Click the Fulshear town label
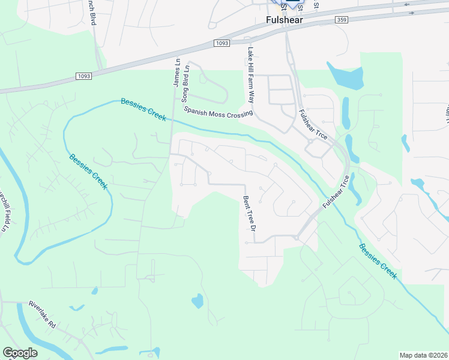[284, 20]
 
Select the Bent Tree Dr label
[250, 214]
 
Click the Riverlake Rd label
[42, 315]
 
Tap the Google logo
[20, 353]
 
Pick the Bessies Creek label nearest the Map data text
[378, 260]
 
